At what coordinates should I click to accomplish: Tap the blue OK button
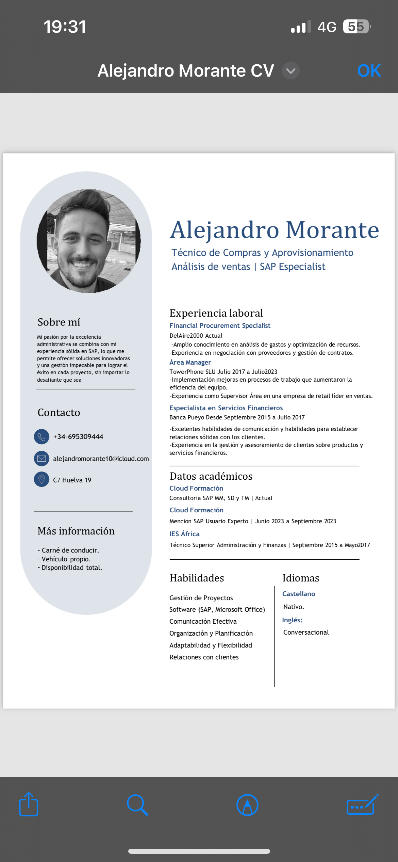369,71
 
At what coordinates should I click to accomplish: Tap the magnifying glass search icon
137,805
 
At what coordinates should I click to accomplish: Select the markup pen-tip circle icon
247,805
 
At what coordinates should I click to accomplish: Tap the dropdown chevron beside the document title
291,71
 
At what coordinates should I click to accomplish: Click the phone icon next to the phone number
42,436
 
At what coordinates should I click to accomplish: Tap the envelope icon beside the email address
42,459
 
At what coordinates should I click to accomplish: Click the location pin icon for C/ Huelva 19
42,479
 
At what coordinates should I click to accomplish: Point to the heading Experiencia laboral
216,313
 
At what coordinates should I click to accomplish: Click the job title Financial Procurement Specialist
220,326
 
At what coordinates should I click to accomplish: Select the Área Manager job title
190,363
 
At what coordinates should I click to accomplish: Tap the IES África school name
184,534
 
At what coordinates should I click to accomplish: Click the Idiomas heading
301,578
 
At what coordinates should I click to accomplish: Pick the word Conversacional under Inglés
306,632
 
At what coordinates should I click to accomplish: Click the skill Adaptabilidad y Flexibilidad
211,645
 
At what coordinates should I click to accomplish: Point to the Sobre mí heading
59,322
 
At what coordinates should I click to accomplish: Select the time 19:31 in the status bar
65,27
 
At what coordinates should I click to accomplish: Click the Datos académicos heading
211,476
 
